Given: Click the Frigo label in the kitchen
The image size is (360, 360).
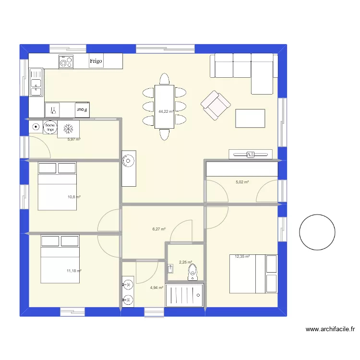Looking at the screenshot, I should pyautogui.click(x=96, y=61).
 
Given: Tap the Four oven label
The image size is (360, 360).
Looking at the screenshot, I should pyautogui.click(x=82, y=110).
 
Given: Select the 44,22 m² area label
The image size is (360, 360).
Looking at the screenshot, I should pyautogui.click(x=166, y=111).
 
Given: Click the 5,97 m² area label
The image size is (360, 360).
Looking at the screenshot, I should pyautogui.click(x=73, y=140).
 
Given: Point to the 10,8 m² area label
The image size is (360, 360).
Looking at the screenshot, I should pyautogui.click(x=73, y=197).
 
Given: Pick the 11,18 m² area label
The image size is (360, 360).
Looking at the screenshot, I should pyautogui.click(x=73, y=271).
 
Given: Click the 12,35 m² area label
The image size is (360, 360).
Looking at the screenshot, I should pyautogui.click(x=242, y=256).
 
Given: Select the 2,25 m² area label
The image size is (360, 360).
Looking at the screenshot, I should pyautogui.click(x=185, y=262).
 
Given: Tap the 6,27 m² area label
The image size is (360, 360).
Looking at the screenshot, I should pyautogui.click(x=159, y=229).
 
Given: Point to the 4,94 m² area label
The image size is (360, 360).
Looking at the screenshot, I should pyautogui.click(x=156, y=288).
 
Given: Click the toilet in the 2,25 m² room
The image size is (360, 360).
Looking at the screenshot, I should pyautogui.click(x=192, y=271).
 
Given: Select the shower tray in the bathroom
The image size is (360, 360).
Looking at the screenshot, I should pyautogui.click(x=185, y=295).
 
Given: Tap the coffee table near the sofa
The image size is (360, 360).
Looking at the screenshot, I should pyautogui.click(x=250, y=118).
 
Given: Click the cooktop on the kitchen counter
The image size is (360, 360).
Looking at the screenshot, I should pyautogui.click(x=66, y=61).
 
